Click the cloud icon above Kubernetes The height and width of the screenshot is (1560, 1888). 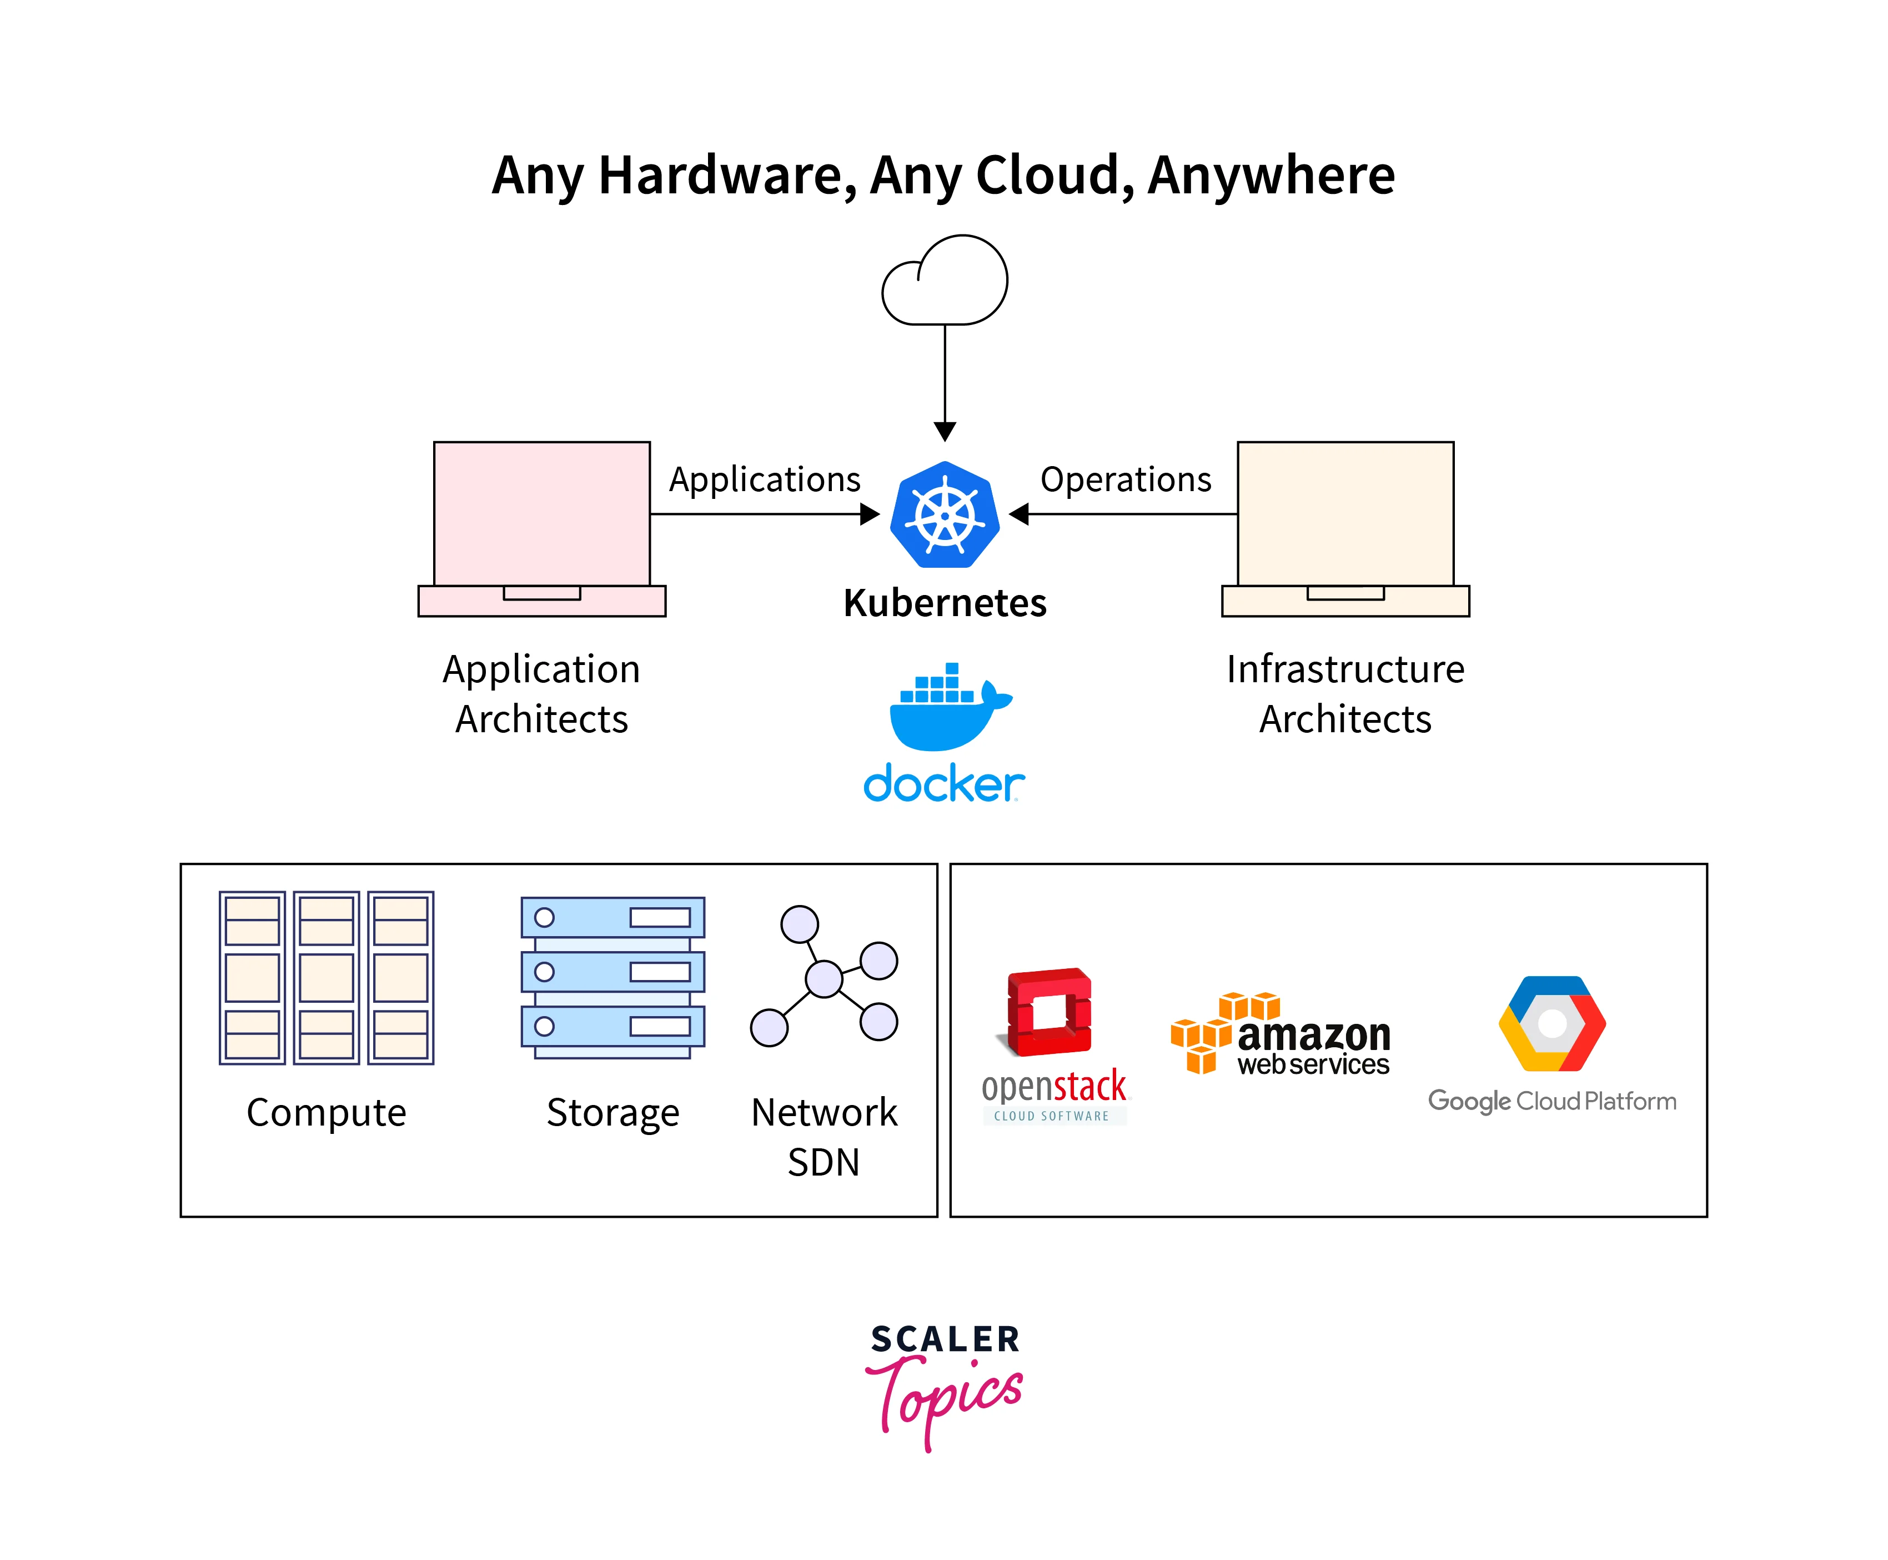[945, 281]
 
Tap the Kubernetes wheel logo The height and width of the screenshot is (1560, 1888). [945, 515]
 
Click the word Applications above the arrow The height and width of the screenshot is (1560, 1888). [764, 480]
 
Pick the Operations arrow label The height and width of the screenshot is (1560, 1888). [1126, 480]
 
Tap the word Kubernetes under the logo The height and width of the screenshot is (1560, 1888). [945, 603]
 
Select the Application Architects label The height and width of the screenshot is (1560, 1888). [541, 694]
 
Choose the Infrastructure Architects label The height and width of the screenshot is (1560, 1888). [1344, 694]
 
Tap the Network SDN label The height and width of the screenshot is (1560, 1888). [824, 1137]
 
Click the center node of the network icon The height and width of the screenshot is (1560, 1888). [824, 978]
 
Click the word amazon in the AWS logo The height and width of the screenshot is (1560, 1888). [1314, 1035]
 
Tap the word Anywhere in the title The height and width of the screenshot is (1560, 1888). [1271, 174]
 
